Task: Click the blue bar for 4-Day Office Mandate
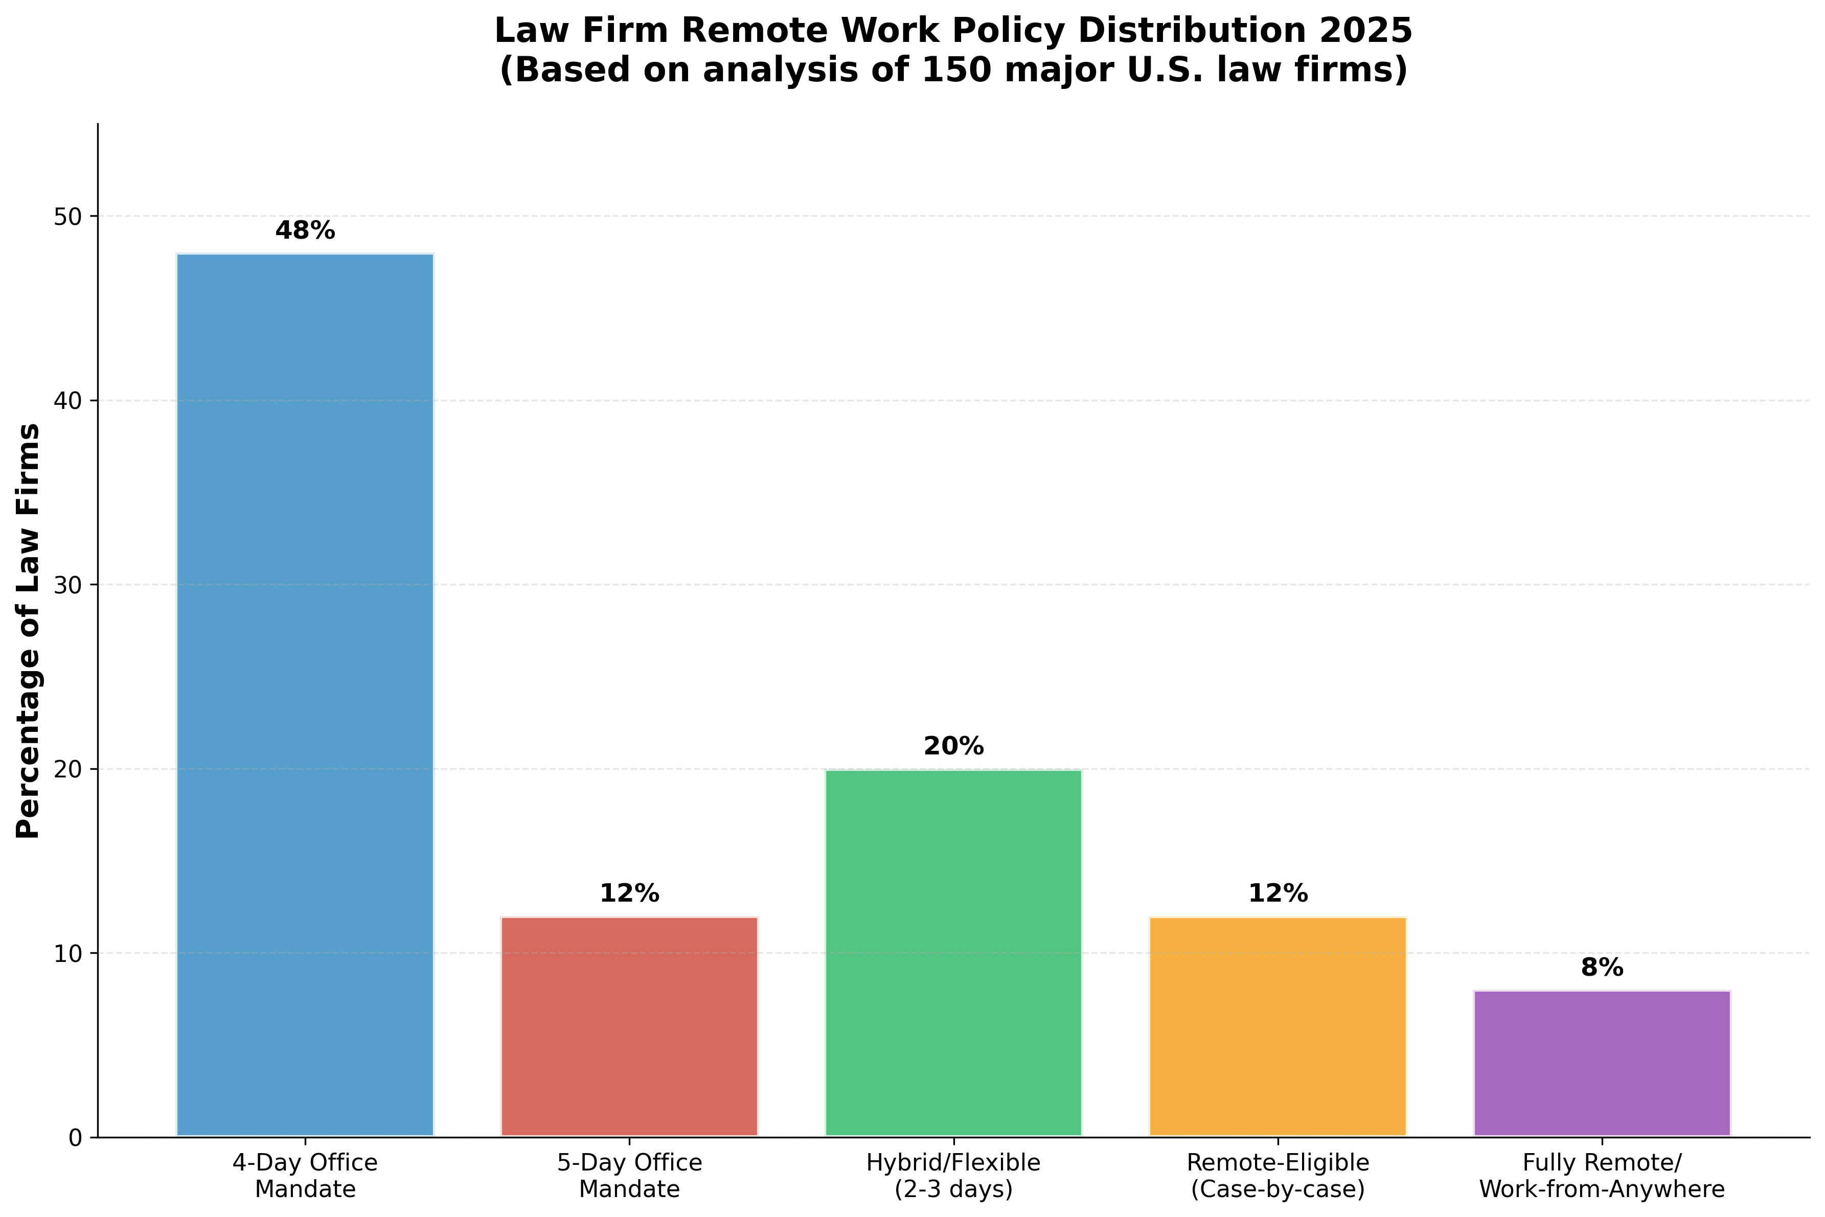(305, 695)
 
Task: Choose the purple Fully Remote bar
(1602, 1063)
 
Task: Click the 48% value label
(305, 231)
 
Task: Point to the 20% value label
(953, 747)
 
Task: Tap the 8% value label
(1602, 968)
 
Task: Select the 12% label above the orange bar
(1277, 894)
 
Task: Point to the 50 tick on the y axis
(69, 217)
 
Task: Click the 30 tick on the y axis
(69, 585)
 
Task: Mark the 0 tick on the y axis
(75, 1138)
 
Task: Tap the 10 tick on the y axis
(69, 954)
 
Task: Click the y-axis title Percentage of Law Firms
(29, 630)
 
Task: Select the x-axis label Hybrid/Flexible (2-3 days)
(953, 1176)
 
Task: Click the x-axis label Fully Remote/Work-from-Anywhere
(1602, 1176)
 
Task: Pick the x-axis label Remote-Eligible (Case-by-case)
(1277, 1176)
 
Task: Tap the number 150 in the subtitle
(940, 71)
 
